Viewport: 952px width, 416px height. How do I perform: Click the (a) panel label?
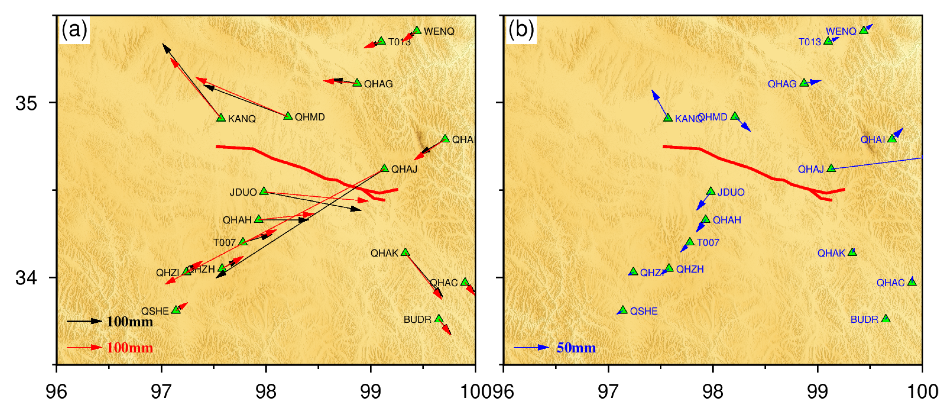click(x=74, y=29)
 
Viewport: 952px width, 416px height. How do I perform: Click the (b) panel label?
click(x=521, y=29)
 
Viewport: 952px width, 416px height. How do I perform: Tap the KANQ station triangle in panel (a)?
click(x=221, y=118)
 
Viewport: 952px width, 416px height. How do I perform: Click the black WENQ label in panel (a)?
click(x=439, y=31)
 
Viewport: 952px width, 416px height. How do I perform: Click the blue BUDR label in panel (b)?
click(x=864, y=319)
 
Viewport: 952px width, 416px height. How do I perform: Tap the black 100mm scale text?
click(x=130, y=322)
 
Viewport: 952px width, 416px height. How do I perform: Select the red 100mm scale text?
click(x=130, y=348)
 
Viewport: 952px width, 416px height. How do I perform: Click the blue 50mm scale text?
click(x=576, y=348)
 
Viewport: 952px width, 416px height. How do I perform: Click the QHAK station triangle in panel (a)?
click(x=405, y=252)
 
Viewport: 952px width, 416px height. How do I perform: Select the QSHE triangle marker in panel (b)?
click(x=623, y=310)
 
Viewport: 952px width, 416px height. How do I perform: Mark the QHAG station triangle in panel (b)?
click(x=804, y=83)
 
